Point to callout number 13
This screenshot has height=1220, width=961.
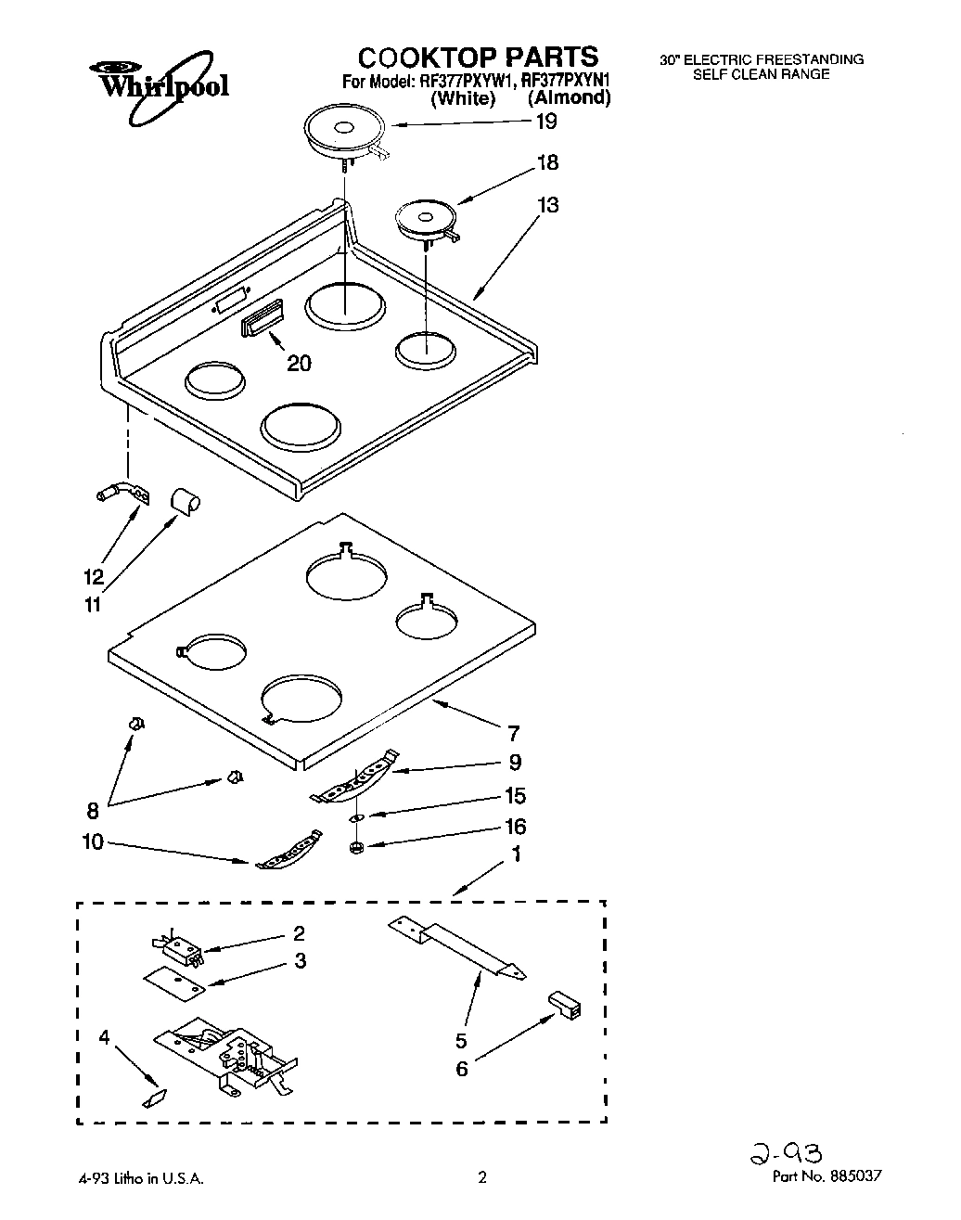click(547, 205)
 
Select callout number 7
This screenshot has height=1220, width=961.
click(513, 734)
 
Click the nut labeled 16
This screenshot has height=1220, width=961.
click(356, 847)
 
